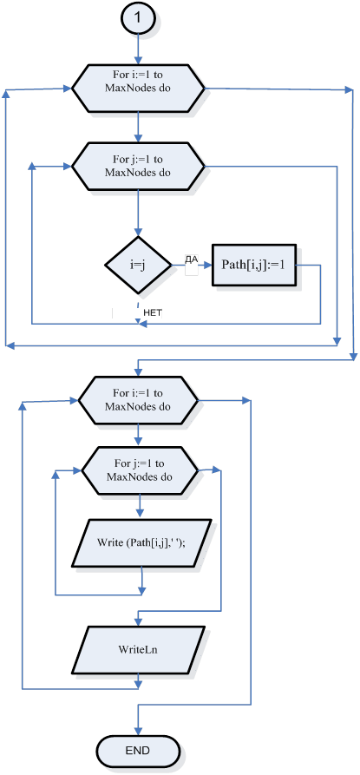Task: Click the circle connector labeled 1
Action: click(138, 17)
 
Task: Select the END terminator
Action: click(138, 751)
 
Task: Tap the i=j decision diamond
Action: click(138, 265)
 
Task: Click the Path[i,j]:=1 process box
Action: click(254, 265)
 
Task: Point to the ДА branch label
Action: click(191, 259)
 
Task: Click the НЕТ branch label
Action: click(153, 312)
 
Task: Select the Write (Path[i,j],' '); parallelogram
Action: click(141, 542)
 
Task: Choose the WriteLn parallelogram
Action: click(138, 649)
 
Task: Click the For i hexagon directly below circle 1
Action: click(138, 89)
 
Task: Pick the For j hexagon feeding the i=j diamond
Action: click(138, 166)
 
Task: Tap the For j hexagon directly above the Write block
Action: click(141, 471)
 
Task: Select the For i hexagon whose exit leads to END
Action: click(138, 400)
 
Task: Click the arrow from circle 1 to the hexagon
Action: click(138, 48)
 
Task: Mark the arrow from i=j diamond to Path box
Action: click(192, 265)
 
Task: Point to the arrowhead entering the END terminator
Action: click(138, 732)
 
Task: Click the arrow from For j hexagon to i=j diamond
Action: click(138, 213)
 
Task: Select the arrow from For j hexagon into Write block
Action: click(141, 506)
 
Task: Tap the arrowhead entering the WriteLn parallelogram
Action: click(138, 621)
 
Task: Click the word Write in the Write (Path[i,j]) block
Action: click(111, 542)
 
